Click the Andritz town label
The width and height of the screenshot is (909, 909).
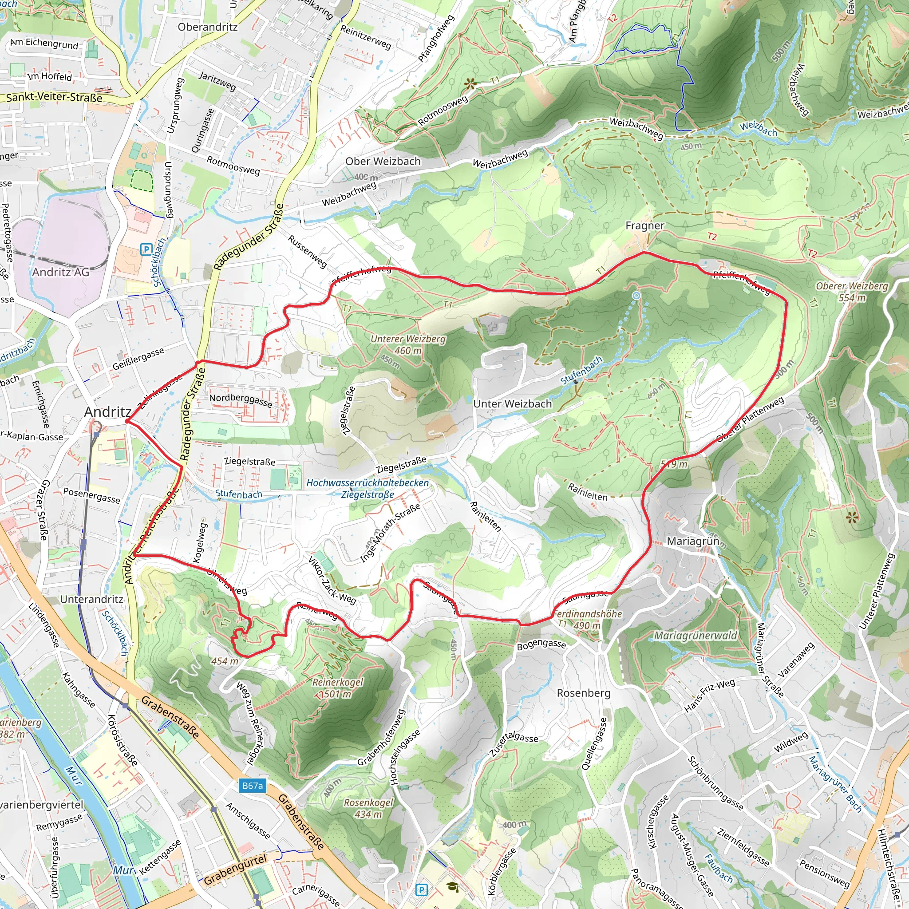[x=108, y=412]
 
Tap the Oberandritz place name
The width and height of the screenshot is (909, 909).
[x=207, y=27]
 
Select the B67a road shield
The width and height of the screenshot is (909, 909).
[x=252, y=786]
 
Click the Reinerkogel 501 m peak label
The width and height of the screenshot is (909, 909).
[x=338, y=688]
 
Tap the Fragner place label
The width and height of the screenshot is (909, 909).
[x=644, y=226]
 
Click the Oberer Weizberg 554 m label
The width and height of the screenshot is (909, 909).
[x=852, y=292]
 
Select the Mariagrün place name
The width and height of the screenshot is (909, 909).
[x=693, y=541]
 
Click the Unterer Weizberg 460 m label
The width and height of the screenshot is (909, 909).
[x=408, y=344]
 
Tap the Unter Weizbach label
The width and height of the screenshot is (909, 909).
[x=512, y=404]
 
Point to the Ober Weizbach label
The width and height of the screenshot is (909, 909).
[x=383, y=162]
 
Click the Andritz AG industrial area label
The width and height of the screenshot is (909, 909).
[x=61, y=272]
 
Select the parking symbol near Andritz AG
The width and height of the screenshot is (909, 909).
[x=146, y=249]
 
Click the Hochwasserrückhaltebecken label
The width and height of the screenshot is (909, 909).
[x=368, y=483]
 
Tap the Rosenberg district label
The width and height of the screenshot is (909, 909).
[x=583, y=693]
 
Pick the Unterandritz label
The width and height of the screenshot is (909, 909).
[x=92, y=599]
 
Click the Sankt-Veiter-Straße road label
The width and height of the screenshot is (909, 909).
[x=54, y=98]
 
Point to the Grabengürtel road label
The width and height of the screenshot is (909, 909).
[x=235, y=870]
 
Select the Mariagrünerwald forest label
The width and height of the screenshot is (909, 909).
[x=696, y=636]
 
